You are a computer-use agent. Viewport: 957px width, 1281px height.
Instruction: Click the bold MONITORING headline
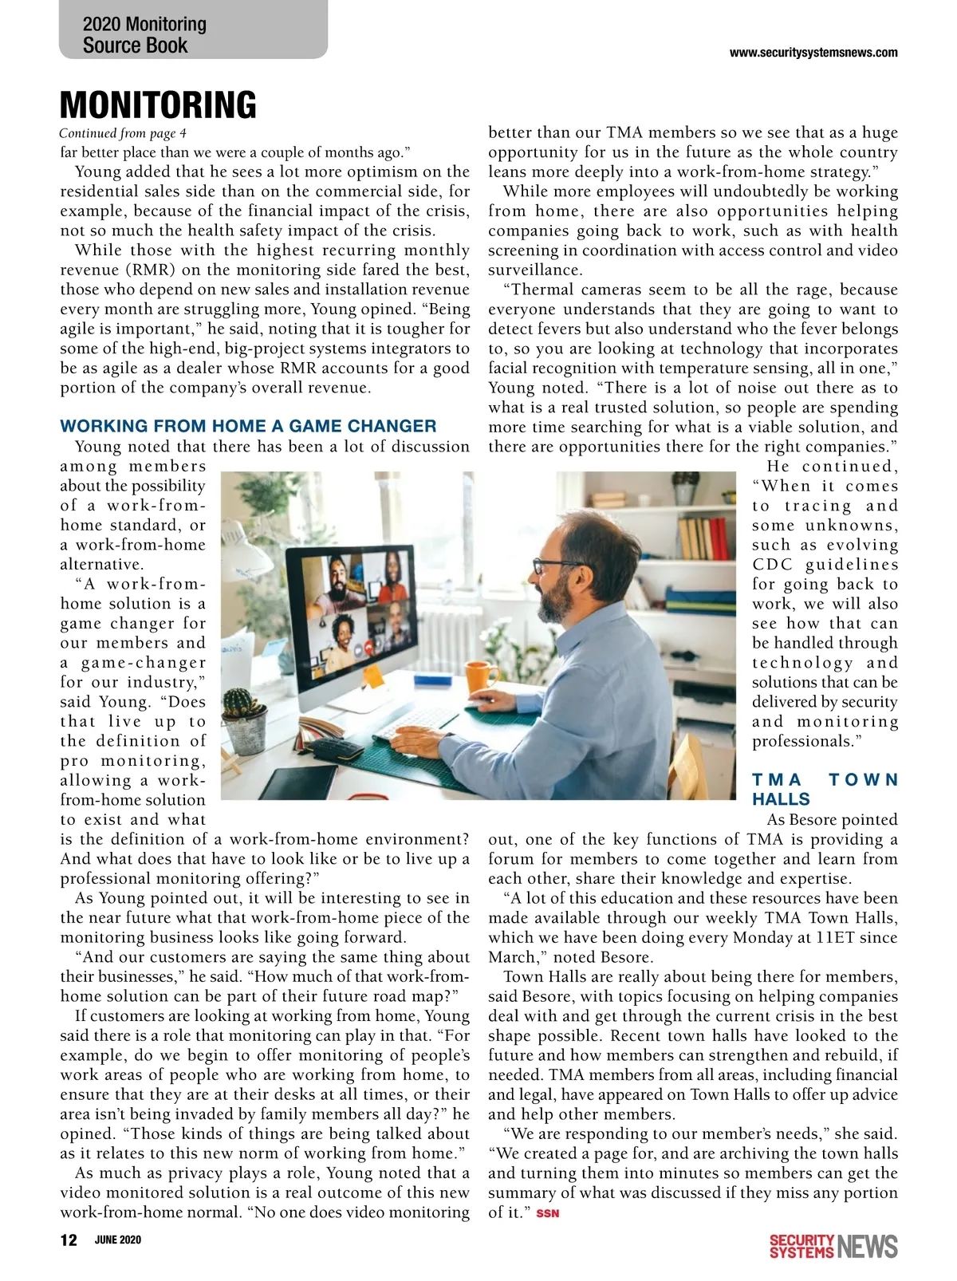pos(158,105)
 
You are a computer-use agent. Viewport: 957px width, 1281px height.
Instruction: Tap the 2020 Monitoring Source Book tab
pos(144,35)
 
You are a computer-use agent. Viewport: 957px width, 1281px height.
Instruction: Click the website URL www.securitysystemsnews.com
pos(813,53)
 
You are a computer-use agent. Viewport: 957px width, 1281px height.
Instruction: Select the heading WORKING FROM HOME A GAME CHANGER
pos(248,426)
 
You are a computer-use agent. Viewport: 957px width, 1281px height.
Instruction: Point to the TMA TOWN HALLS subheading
pos(825,789)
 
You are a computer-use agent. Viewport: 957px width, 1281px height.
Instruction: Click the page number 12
pos(69,1240)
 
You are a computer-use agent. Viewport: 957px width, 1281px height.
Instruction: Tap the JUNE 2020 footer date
pos(117,1240)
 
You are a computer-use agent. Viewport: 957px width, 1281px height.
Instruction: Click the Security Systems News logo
pos(833,1246)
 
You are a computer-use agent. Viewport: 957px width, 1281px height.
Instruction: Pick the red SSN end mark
pos(548,1213)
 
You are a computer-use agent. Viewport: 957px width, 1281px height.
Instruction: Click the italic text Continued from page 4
pos(123,133)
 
